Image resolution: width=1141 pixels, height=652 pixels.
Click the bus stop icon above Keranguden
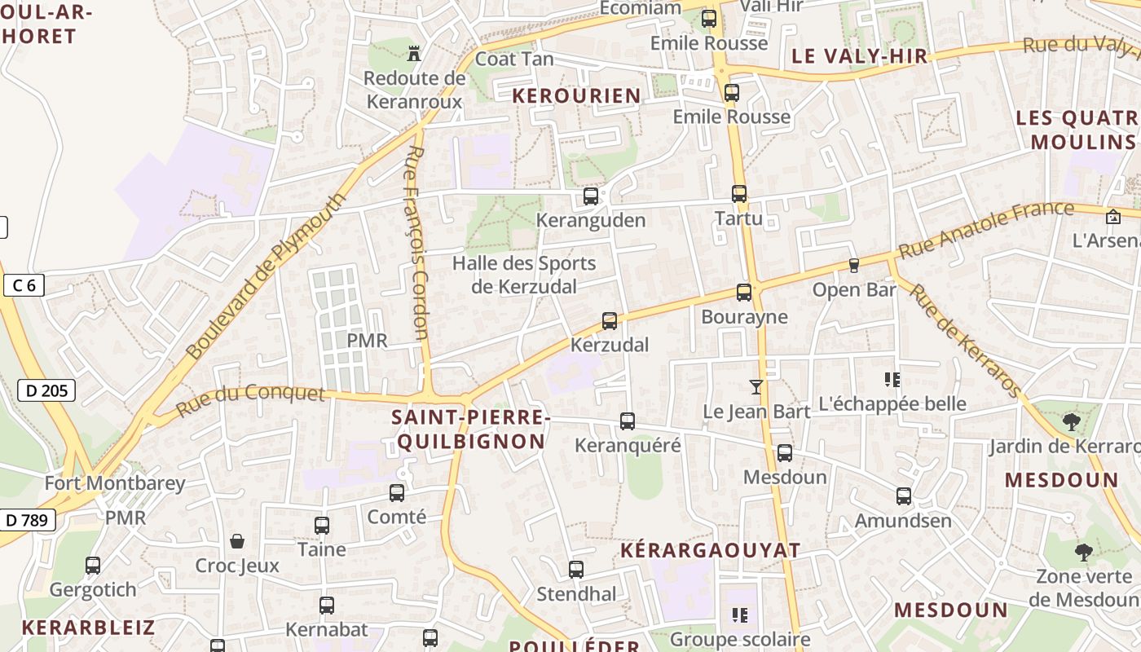point(591,196)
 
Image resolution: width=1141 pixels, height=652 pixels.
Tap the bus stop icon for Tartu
point(739,194)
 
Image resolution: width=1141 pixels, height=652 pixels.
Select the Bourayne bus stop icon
point(744,293)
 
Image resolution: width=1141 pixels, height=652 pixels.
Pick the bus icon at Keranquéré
point(628,421)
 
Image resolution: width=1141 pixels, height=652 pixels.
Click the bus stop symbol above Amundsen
point(904,496)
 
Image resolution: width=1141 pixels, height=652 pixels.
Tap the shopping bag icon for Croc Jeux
point(237,541)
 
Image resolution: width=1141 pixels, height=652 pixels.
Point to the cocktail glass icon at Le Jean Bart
point(757,386)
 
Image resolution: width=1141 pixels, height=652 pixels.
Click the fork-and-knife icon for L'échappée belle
point(892,379)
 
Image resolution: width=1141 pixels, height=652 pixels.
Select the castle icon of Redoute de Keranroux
point(415,54)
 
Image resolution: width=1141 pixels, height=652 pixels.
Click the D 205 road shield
point(46,391)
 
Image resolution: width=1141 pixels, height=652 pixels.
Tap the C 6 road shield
point(24,285)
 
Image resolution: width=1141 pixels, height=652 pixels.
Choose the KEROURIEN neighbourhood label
point(576,96)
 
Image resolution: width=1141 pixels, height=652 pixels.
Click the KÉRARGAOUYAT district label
point(711,550)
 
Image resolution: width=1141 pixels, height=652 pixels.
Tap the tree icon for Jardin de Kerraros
point(1071,422)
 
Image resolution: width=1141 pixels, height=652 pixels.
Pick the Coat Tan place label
point(514,59)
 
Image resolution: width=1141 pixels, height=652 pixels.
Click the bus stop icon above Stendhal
point(576,570)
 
